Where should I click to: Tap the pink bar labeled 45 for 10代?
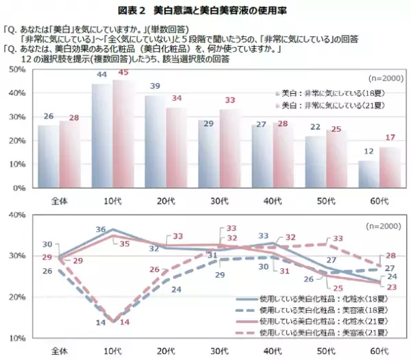[x=122, y=134]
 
